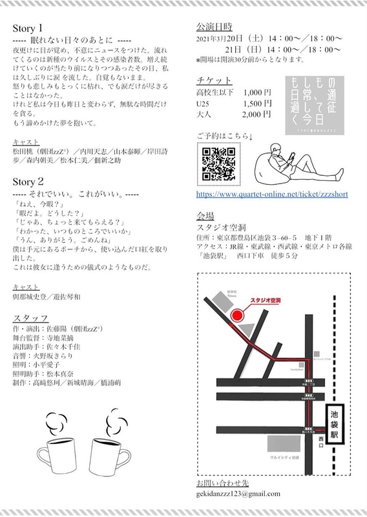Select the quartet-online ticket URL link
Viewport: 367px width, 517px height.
[x=271, y=192]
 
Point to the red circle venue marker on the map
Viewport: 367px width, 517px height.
[x=238, y=315]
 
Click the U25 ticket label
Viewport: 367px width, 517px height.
[x=203, y=103]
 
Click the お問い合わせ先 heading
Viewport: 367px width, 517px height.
[x=221, y=481]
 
